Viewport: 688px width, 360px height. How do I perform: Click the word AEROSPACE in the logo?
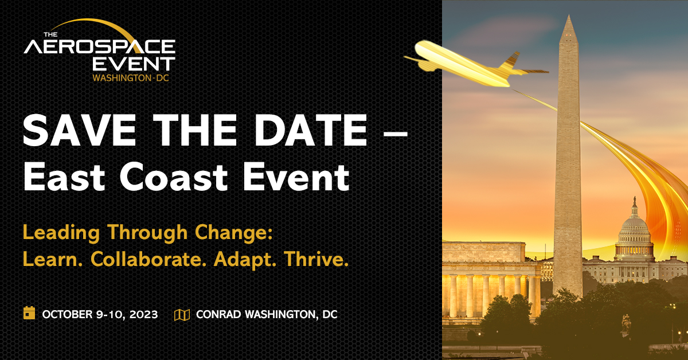click(99, 46)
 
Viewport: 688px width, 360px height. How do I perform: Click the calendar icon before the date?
click(29, 313)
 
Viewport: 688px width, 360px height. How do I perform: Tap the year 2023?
click(142, 314)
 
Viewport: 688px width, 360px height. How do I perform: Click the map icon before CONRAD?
click(182, 314)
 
